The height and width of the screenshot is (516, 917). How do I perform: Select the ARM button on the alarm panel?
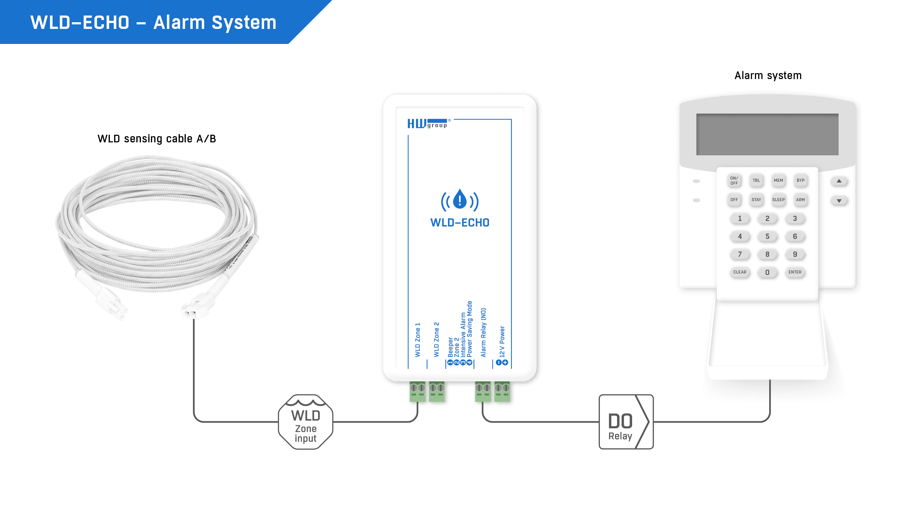coord(800,200)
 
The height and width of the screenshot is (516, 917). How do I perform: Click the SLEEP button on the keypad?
coord(778,200)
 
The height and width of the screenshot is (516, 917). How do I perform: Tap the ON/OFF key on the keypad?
coord(734,181)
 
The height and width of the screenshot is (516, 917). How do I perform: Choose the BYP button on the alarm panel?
coord(800,181)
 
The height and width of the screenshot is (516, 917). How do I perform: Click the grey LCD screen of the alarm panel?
coord(767,134)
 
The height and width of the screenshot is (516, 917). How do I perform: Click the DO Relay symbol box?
coord(626,422)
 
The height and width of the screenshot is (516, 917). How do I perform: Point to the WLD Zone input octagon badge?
coord(305,422)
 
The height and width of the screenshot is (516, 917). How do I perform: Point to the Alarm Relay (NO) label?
coord(483,333)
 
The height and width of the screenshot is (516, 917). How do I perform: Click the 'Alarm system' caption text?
coord(768,75)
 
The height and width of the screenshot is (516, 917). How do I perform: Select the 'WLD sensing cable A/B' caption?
coord(157,139)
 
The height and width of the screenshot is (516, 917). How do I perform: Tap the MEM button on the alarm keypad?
coord(778,181)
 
